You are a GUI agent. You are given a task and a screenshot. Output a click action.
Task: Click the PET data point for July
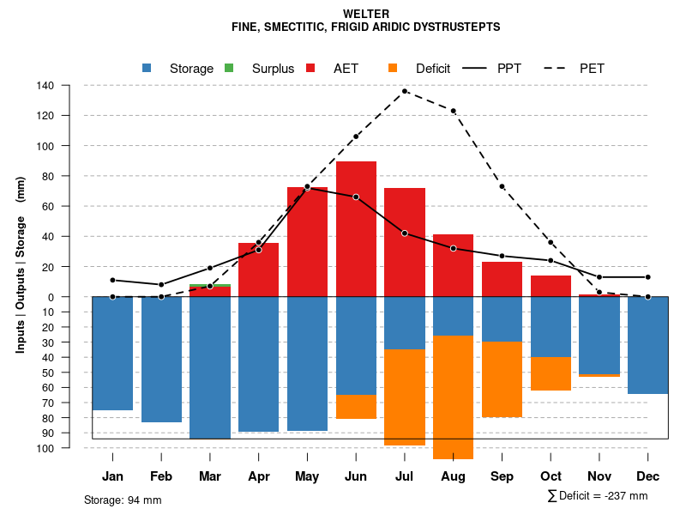[x=405, y=91]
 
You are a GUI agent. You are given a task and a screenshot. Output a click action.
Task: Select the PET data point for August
[x=454, y=111]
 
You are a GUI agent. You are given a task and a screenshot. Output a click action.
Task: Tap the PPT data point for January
[x=113, y=281]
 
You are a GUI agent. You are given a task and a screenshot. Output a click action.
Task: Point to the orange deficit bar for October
[x=551, y=373]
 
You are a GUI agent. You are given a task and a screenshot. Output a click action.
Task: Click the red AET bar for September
[x=502, y=279]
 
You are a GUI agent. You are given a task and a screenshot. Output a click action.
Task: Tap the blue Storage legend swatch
[x=147, y=69]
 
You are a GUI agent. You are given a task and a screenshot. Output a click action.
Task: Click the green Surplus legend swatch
[x=229, y=69]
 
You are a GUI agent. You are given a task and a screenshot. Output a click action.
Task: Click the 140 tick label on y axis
[x=46, y=86]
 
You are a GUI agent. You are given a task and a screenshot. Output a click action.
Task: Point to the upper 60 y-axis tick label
[x=49, y=206]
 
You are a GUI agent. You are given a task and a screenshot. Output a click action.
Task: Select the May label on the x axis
[x=307, y=476]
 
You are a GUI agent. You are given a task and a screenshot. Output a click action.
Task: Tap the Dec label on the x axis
[x=647, y=476]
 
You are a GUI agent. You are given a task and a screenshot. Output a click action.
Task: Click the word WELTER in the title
[x=365, y=14]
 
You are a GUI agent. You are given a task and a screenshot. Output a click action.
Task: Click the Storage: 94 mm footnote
[x=123, y=500]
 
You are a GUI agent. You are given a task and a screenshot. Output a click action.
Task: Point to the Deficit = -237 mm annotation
[x=598, y=496]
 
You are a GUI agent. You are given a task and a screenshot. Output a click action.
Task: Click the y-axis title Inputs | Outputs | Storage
[x=21, y=264]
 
